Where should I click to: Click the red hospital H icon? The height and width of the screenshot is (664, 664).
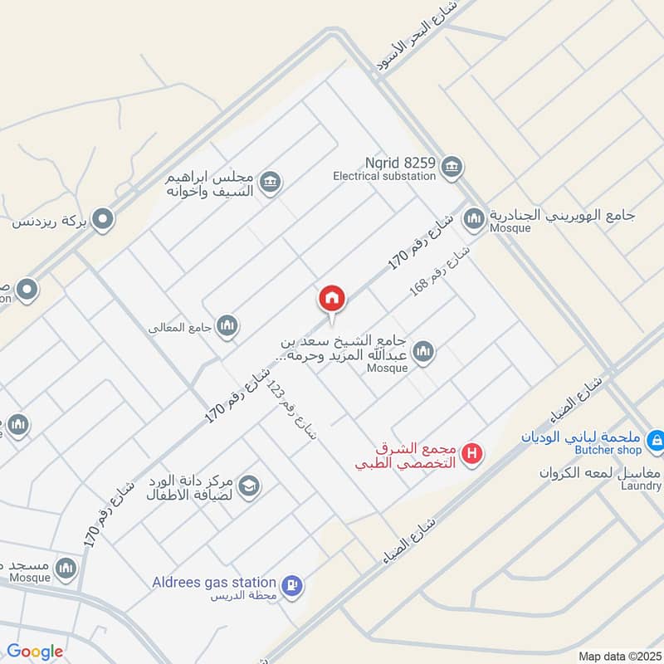point(472,454)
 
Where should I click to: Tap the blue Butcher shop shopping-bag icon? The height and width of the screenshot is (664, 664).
point(656,440)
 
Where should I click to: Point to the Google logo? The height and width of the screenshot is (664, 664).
point(35,652)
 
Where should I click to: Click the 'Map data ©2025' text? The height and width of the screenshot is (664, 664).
point(618,656)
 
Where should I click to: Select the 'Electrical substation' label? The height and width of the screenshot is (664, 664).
point(384,176)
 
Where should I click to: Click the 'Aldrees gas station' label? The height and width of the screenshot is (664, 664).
point(213,583)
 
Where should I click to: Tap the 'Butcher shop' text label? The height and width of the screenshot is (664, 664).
point(609,450)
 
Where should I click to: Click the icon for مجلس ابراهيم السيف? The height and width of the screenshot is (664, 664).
point(270,182)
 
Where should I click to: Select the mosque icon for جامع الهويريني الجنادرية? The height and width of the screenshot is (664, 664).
point(474,218)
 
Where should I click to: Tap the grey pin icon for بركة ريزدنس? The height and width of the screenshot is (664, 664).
point(103,220)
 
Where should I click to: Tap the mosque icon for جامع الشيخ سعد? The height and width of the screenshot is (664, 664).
point(423,352)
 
